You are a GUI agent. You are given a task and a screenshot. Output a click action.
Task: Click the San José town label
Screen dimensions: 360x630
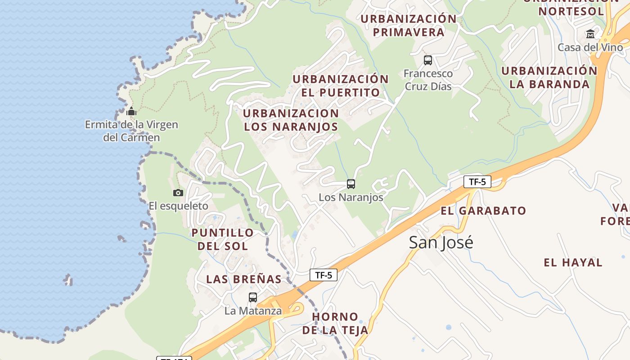tap(441, 243)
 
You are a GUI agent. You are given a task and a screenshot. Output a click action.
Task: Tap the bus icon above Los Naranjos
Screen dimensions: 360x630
tap(351, 184)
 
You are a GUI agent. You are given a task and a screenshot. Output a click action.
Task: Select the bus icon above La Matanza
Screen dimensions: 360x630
tap(253, 297)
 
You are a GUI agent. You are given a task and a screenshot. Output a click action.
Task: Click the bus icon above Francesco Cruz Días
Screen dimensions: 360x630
tap(428, 60)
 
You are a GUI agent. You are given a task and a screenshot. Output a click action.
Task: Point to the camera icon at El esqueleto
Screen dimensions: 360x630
tap(178, 193)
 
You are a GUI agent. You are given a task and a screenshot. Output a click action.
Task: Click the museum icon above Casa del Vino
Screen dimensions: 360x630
tap(590, 34)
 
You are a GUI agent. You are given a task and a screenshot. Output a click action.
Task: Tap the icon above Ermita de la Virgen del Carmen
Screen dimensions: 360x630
tap(131, 112)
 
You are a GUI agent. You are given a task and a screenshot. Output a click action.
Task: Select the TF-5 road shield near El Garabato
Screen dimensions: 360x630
tap(477, 182)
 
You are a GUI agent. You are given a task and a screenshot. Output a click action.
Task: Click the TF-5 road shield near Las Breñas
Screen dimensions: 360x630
tap(323, 275)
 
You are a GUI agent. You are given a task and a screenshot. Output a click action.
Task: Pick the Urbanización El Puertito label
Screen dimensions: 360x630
tap(341, 86)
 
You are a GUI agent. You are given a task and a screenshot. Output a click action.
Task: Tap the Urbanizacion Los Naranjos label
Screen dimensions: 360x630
tap(291, 120)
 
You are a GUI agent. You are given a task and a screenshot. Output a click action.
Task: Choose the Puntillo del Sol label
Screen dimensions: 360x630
tap(223, 239)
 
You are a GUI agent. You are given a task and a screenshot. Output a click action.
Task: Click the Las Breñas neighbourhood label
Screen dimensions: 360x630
tap(243, 279)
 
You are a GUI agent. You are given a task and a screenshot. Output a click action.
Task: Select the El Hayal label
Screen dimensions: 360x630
tap(573, 263)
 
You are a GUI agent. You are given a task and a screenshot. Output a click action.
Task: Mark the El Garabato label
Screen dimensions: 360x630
tap(483, 211)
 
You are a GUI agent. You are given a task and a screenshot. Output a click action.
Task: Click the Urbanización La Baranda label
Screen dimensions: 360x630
tap(549, 77)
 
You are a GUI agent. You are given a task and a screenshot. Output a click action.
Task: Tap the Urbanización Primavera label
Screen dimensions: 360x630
tap(409, 26)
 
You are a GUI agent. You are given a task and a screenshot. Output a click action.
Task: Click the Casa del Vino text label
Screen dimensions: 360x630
tap(590, 47)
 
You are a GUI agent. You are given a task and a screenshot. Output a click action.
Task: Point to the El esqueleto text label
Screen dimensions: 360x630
tap(178, 206)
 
